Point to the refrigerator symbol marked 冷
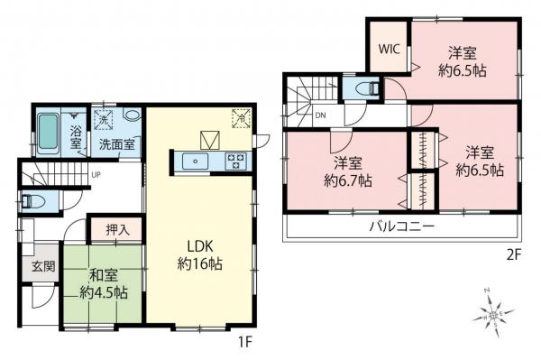[241, 115]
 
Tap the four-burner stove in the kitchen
[236, 161]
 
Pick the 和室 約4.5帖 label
[102, 283]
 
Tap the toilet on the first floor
[29, 202]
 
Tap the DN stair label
[321, 115]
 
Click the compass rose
[491, 315]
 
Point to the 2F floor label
[514, 255]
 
